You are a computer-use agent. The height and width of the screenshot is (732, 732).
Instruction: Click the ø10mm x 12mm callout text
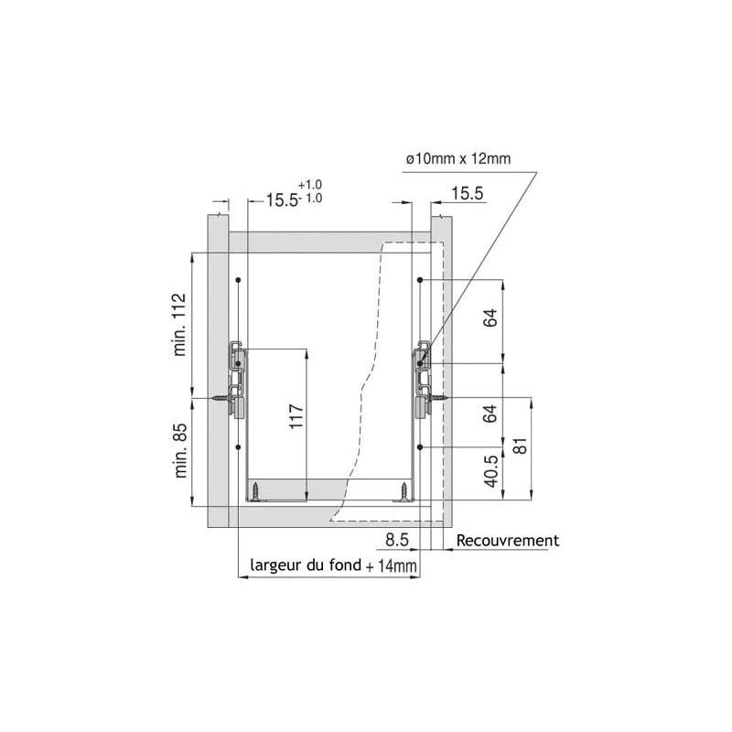[458, 159]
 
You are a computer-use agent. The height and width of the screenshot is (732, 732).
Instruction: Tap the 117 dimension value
[296, 417]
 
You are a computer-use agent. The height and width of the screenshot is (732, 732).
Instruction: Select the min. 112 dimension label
[179, 325]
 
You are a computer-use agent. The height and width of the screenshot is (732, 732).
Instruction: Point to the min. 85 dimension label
[180, 450]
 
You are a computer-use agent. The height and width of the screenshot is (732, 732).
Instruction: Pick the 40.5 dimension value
[491, 471]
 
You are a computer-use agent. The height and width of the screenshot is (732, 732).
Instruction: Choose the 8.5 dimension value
[397, 540]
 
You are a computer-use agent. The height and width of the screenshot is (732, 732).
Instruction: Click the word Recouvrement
[508, 541]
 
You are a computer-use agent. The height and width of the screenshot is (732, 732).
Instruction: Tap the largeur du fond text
[306, 565]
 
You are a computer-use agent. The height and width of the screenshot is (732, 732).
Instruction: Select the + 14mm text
[392, 566]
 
